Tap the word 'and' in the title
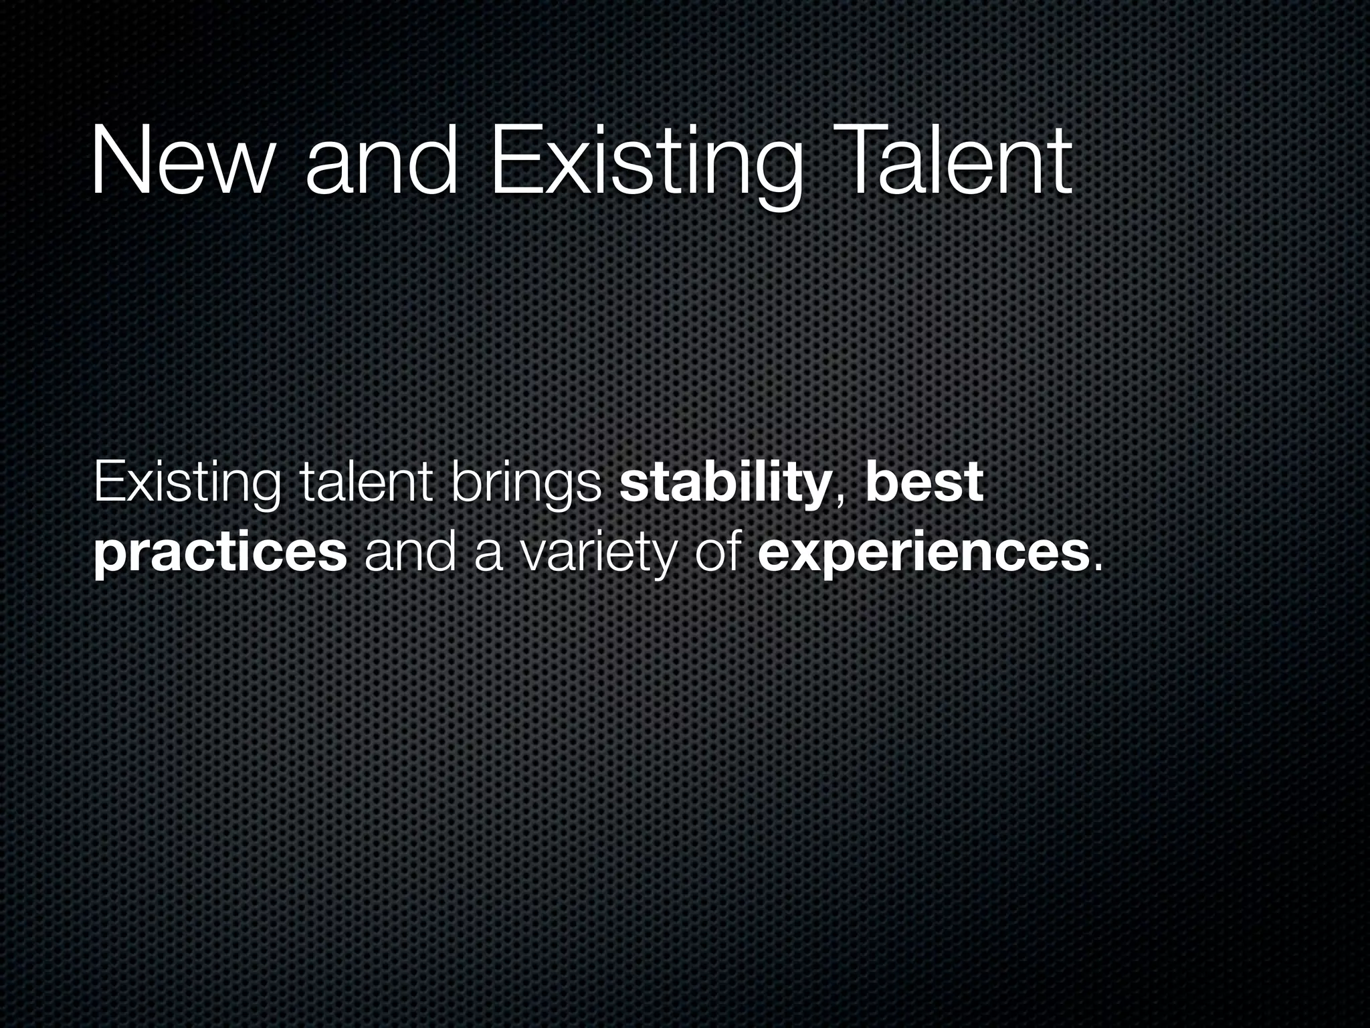(382, 162)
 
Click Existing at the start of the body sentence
(187, 483)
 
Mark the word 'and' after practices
(410, 553)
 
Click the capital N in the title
(118, 162)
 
